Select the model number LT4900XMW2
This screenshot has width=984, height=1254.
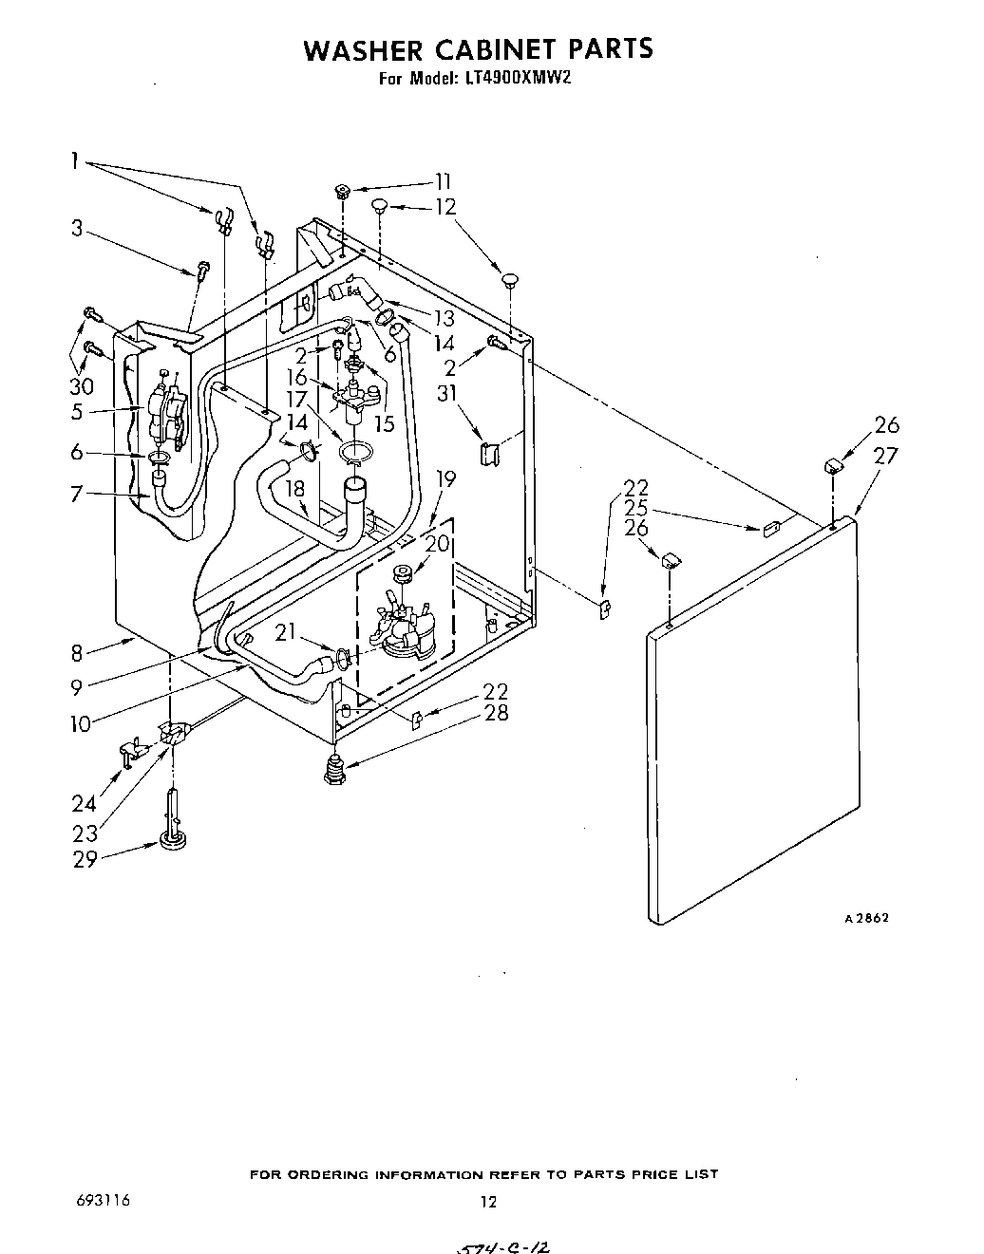pyautogui.click(x=519, y=80)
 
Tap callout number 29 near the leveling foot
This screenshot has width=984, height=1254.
pyautogui.click(x=86, y=861)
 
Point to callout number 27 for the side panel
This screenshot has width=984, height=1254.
pyautogui.click(x=885, y=456)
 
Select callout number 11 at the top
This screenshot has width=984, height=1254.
pyautogui.click(x=443, y=182)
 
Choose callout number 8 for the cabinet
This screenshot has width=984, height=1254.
pyautogui.click(x=78, y=652)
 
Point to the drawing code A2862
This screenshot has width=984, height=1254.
pyautogui.click(x=866, y=918)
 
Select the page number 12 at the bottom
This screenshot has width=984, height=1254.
pyautogui.click(x=487, y=1202)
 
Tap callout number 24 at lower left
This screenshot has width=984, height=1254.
pyautogui.click(x=84, y=803)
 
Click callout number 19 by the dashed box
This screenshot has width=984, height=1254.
pyautogui.click(x=445, y=479)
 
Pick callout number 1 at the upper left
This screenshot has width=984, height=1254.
pyautogui.click(x=73, y=160)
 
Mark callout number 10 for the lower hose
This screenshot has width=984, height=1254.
pyautogui.click(x=81, y=723)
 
